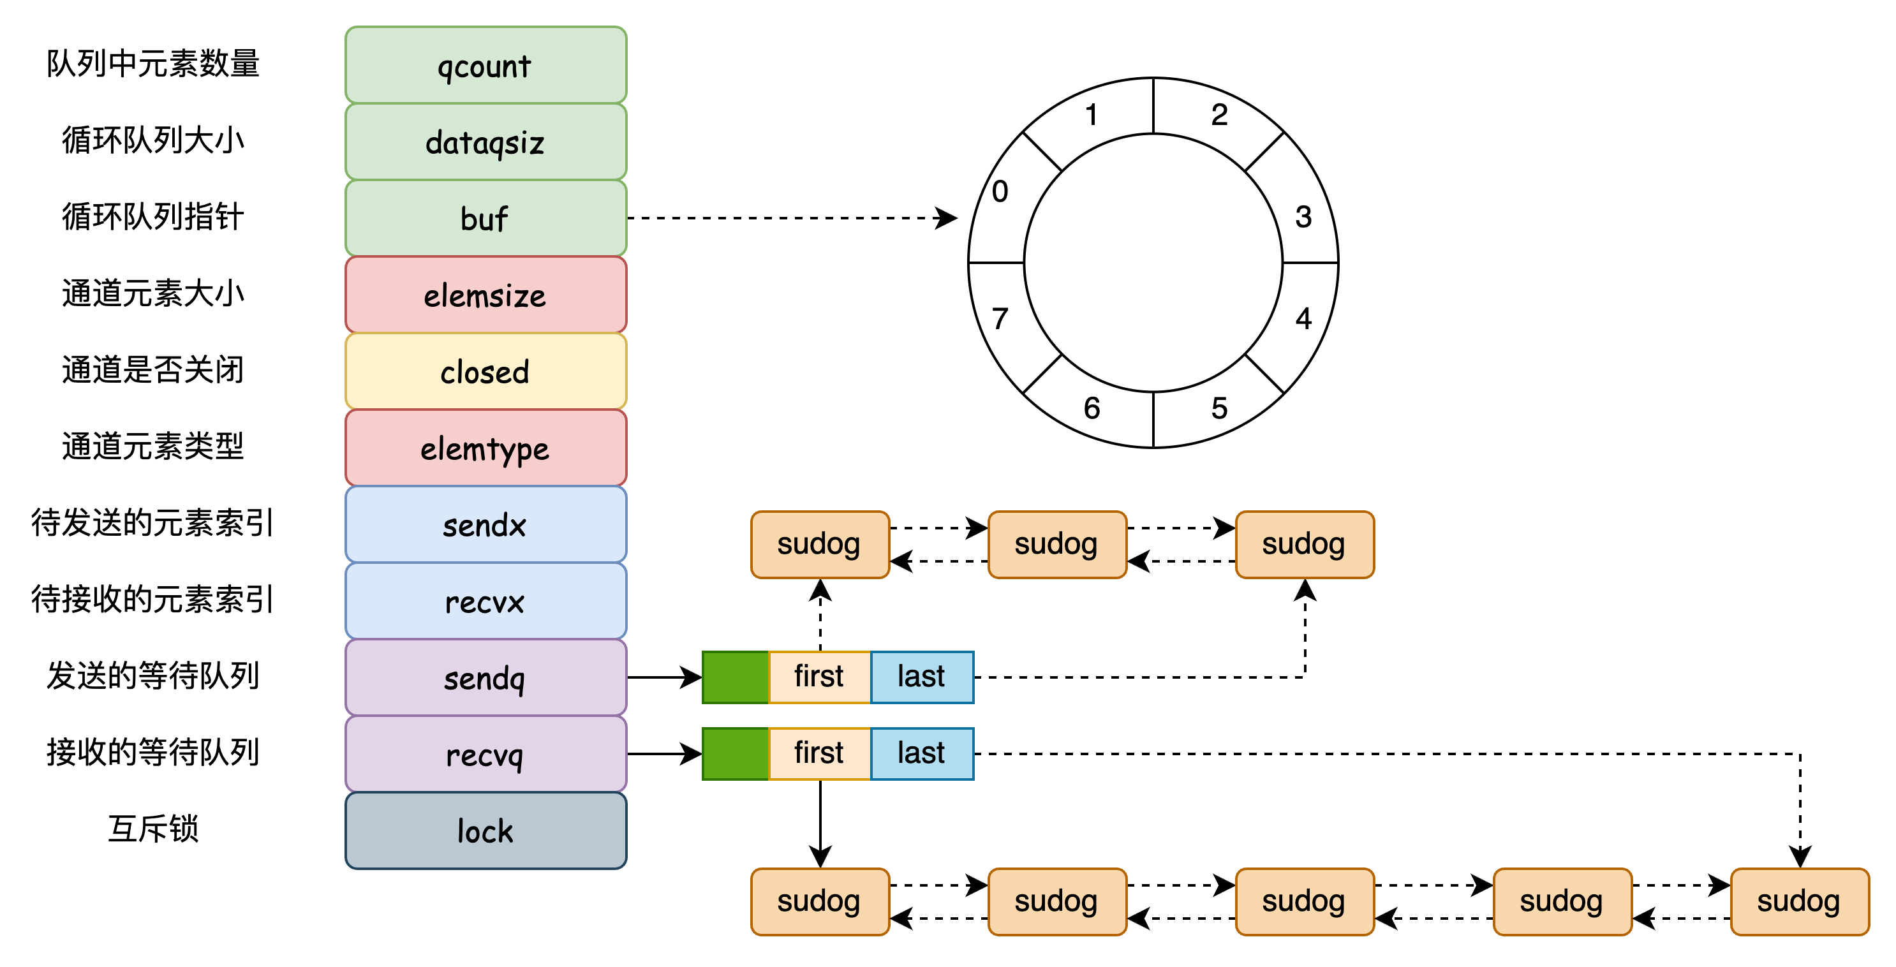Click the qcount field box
point(485,66)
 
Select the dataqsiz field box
point(485,142)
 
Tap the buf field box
point(485,219)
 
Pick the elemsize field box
point(485,295)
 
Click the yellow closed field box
point(485,372)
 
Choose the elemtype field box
point(485,448)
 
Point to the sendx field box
point(485,525)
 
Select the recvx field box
point(485,602)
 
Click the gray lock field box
point(485,831)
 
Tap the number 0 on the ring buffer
point(1000,192)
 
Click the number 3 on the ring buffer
point(1303,217)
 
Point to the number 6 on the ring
point(1092,408)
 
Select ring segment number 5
point(1220,408)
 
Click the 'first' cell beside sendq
point(819,677)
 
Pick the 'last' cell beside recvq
point(921,753)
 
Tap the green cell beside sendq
point(736,677)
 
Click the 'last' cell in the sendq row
point(921,677)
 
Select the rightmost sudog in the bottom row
point(1799,901)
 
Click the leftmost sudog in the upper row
point(819,545)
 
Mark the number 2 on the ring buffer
point(1220,115)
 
